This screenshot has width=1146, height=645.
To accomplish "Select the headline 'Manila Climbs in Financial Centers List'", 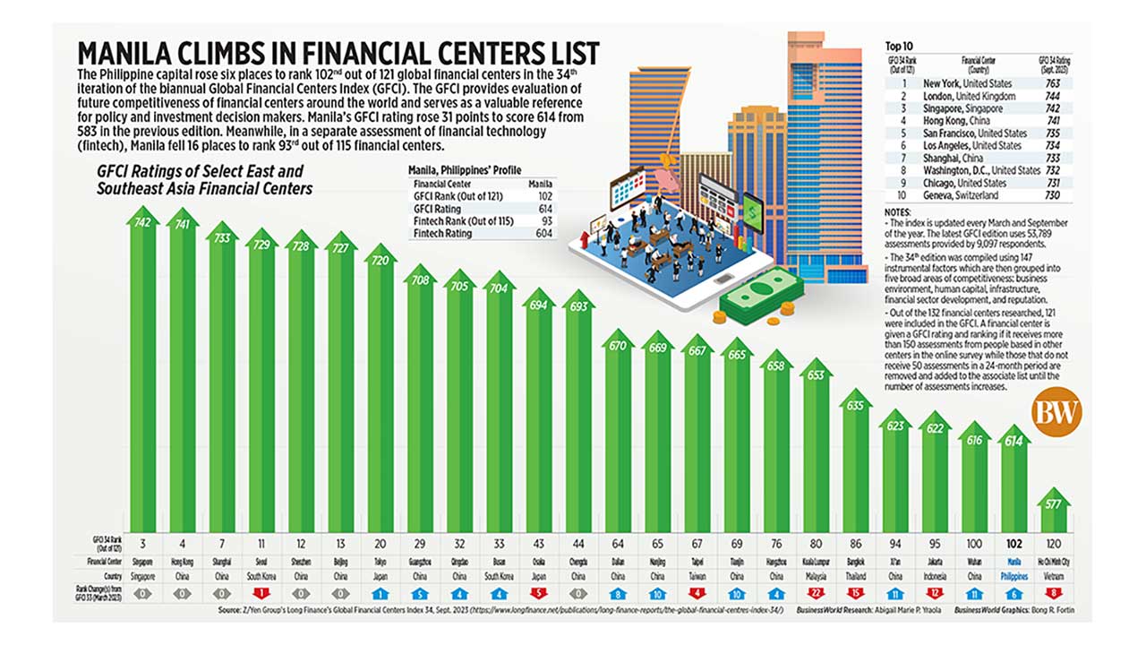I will pyautogui.click(x=338, y=52).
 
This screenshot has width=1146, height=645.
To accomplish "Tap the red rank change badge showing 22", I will pyautogui.click(x=815, y=592).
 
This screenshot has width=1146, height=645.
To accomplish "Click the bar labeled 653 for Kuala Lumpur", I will pyautogui.click(x=815, y=448).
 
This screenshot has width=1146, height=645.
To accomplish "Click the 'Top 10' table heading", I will pyautogui.click(x=901, y=44).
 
